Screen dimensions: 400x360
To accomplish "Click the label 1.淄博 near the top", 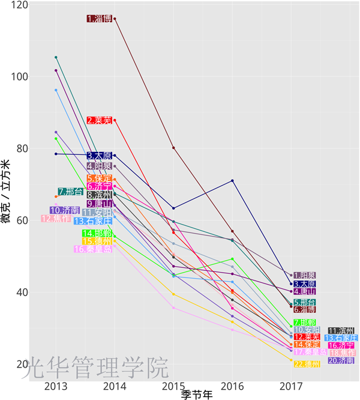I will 99,19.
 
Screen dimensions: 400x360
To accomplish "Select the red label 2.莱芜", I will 99,121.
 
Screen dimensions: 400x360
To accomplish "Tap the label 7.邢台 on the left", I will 71,192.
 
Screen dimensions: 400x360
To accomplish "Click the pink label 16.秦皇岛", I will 92,249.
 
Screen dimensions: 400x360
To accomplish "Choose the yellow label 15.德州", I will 97,241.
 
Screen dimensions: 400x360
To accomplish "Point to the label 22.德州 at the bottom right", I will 307,364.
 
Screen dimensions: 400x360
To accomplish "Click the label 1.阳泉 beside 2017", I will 305,276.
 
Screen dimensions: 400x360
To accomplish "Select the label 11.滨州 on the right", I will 341,331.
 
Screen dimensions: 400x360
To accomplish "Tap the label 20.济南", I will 341,360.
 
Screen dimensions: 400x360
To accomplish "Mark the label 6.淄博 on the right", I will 304,309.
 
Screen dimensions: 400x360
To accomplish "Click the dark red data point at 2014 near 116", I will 115,19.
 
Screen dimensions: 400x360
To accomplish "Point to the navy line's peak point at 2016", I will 232,181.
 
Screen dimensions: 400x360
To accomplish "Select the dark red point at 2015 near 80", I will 173,148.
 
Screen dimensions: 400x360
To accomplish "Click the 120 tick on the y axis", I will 20,5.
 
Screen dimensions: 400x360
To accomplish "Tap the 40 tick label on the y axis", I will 20,292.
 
